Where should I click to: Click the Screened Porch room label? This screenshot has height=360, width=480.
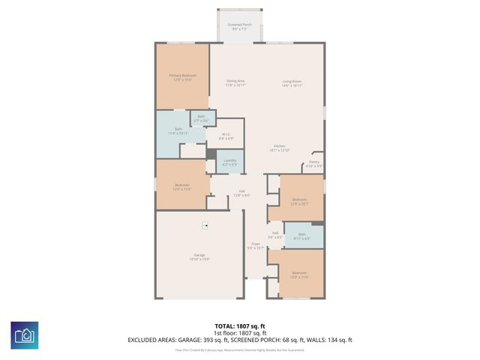coord(240,27)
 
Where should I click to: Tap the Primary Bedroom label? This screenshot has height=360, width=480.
coord(182,77)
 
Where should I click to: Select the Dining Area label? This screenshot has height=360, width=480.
coord(235,82)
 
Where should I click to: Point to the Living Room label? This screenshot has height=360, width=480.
coord(292,82)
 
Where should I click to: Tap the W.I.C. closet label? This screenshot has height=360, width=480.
coord(226,136)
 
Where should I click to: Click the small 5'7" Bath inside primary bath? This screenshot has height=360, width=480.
coord(201,118)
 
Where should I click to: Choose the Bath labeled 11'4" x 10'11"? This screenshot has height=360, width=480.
coord(178,131)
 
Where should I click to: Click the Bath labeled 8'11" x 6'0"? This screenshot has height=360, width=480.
coord(302,236)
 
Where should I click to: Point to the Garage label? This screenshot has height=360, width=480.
coord(199,257)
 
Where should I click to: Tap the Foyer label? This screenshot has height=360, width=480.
coord(255,245)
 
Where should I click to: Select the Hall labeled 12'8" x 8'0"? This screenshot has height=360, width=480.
coord(242,193)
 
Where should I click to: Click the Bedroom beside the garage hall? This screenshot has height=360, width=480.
coord(182,187)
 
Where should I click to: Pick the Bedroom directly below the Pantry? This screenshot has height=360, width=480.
coord(299,201)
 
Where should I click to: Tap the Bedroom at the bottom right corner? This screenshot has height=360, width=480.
coord(299,274)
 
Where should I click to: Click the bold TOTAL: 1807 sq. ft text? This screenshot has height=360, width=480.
coord(239,326)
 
